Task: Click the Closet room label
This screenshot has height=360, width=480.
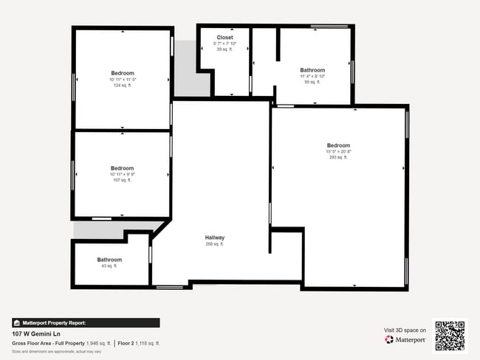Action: tap(224, 37)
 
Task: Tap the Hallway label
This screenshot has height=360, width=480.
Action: tap(215, 238)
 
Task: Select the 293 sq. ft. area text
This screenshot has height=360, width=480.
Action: tap(338, 157)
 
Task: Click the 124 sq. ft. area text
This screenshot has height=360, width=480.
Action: tap(123, 85)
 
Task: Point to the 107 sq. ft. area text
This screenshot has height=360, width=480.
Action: tap(123, 180)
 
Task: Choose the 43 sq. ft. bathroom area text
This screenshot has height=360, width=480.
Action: tap(109, 266)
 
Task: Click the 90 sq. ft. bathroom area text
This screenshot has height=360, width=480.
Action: tap(312, 82)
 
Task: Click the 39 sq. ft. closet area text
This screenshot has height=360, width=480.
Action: tap(224, 49)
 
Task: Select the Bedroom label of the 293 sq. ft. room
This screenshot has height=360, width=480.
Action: tap(338, 145)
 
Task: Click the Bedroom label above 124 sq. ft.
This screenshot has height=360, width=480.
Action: tap(123, 73)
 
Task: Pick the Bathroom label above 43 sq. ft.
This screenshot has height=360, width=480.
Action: tap(109, 260)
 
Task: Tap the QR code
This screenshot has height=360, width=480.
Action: tap(450, 335)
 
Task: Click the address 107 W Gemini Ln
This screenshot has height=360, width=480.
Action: tap(36, 333)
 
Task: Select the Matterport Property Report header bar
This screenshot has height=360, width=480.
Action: tap(86, 322)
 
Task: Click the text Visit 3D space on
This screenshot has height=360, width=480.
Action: tap(405, 330)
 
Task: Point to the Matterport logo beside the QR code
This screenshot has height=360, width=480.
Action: tap(405, 340)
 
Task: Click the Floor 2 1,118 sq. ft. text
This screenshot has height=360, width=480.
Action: tap(139, 343)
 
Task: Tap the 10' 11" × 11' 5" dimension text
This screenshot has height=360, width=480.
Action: tap(123, 79)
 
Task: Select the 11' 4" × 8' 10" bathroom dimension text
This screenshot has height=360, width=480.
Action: tap(312, 76)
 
